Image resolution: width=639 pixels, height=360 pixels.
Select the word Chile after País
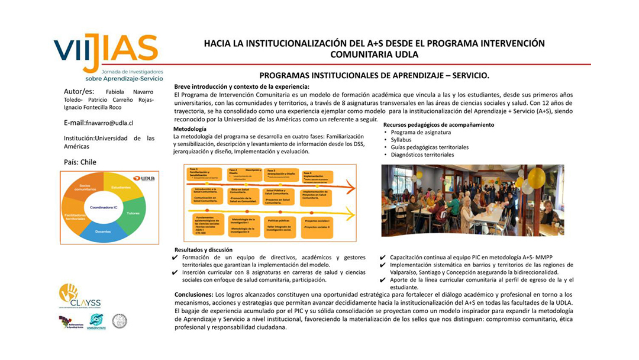[x=89, y=162]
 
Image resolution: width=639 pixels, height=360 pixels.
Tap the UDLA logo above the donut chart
[x=144, y=178]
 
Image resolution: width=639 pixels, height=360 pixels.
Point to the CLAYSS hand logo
[x=70, y=292]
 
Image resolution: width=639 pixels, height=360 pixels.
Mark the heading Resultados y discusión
[x=204, y=249]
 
